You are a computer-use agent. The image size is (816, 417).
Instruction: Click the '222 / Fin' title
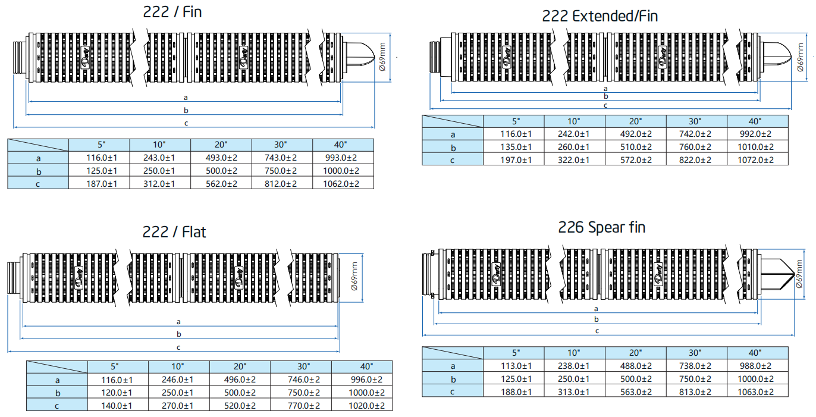pyautogui.click(x=172, y=12)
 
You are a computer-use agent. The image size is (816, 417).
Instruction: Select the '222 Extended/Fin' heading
pyautogui.click(x=600, y=16)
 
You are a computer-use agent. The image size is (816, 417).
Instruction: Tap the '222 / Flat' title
pyautogui.click(x=174, y=231)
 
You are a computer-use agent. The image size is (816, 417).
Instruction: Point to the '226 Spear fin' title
pyautogui.click(x=601, y=227)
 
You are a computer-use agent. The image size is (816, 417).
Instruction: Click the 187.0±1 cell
pyautogui.click(x=99, y=184)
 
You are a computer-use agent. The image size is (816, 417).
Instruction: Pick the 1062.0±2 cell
pyautogui.click(x=343, y=184)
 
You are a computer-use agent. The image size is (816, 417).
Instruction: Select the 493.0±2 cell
pyautogui.click(x=221, y=158)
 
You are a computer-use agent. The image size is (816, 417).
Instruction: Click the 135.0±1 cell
pyautogui.click(x=516, y=148)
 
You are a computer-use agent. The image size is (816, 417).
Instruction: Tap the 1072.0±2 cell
pyautogui.click(x=758, y=160)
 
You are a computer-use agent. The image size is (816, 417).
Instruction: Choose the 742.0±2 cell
pyautogui.click(x=696, y=134)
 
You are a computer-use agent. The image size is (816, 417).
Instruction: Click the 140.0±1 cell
pyautogui.click(x=118, y=406)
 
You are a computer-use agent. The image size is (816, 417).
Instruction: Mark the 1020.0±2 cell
pyautogui.click(x=362, y=406)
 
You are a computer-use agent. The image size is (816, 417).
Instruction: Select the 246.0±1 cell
pyautogui.click(x=179, y=380)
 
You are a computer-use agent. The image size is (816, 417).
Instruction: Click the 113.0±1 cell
pyautogui.click(x=516, y=366)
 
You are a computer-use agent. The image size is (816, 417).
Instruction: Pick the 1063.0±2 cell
pyautogui.click(x=758, y=392)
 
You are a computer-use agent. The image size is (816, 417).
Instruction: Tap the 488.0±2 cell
pyautogui.click(x=636, y=366)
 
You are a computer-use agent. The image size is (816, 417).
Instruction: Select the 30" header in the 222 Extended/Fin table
pyautogui.click(x=696, y=121)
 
